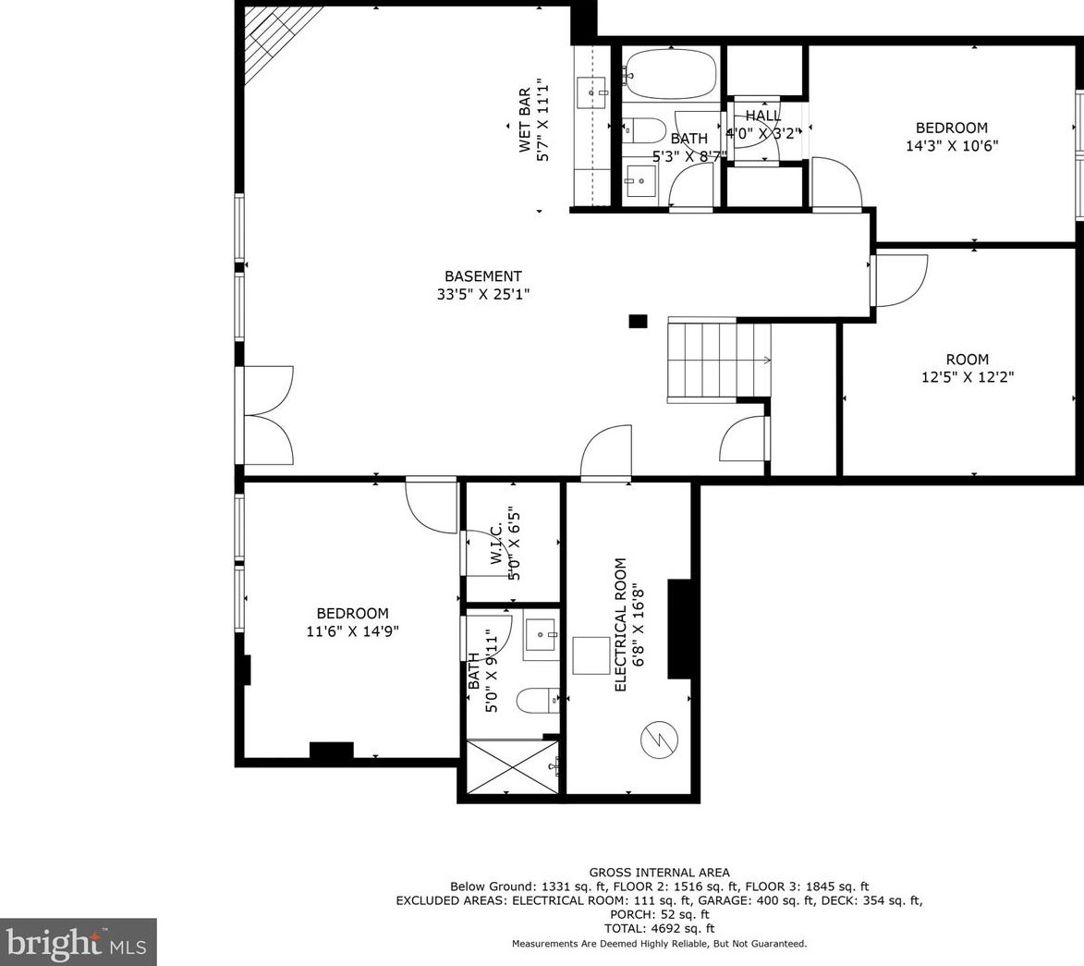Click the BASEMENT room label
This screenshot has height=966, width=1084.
(482, 276)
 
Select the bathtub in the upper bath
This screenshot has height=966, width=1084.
(670, 73)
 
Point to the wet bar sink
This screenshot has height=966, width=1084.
(591, 92)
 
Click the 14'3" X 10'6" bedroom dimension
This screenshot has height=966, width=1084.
(951, 145)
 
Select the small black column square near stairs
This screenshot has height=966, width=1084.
(638, 321)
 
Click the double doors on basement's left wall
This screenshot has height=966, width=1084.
(266, 415)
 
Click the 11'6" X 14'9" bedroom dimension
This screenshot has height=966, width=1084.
(352, 631)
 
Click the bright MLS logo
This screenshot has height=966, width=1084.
(78, 943)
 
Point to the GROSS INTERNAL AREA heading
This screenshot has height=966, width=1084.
(659, 872)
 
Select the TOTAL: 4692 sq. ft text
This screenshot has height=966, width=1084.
(659, 928)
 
